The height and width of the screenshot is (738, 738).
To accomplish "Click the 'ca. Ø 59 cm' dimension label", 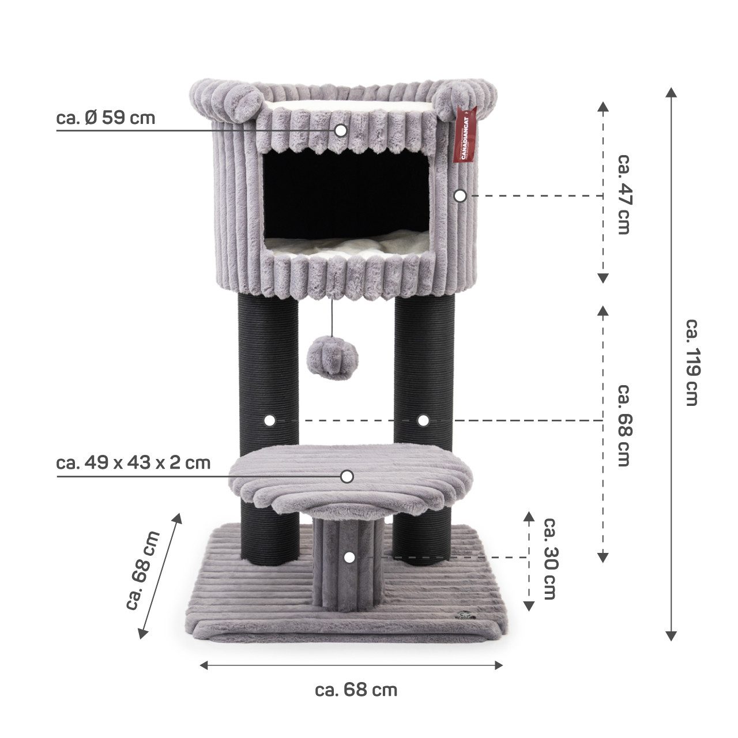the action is click(106, 118).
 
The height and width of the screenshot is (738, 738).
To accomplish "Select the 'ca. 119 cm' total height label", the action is click(693, 363).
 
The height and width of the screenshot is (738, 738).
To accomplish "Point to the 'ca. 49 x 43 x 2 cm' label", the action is click(133, 463).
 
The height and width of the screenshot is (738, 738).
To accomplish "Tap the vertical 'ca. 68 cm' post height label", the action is click(624, 425).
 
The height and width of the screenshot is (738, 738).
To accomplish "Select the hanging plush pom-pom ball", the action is click(333, 359).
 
